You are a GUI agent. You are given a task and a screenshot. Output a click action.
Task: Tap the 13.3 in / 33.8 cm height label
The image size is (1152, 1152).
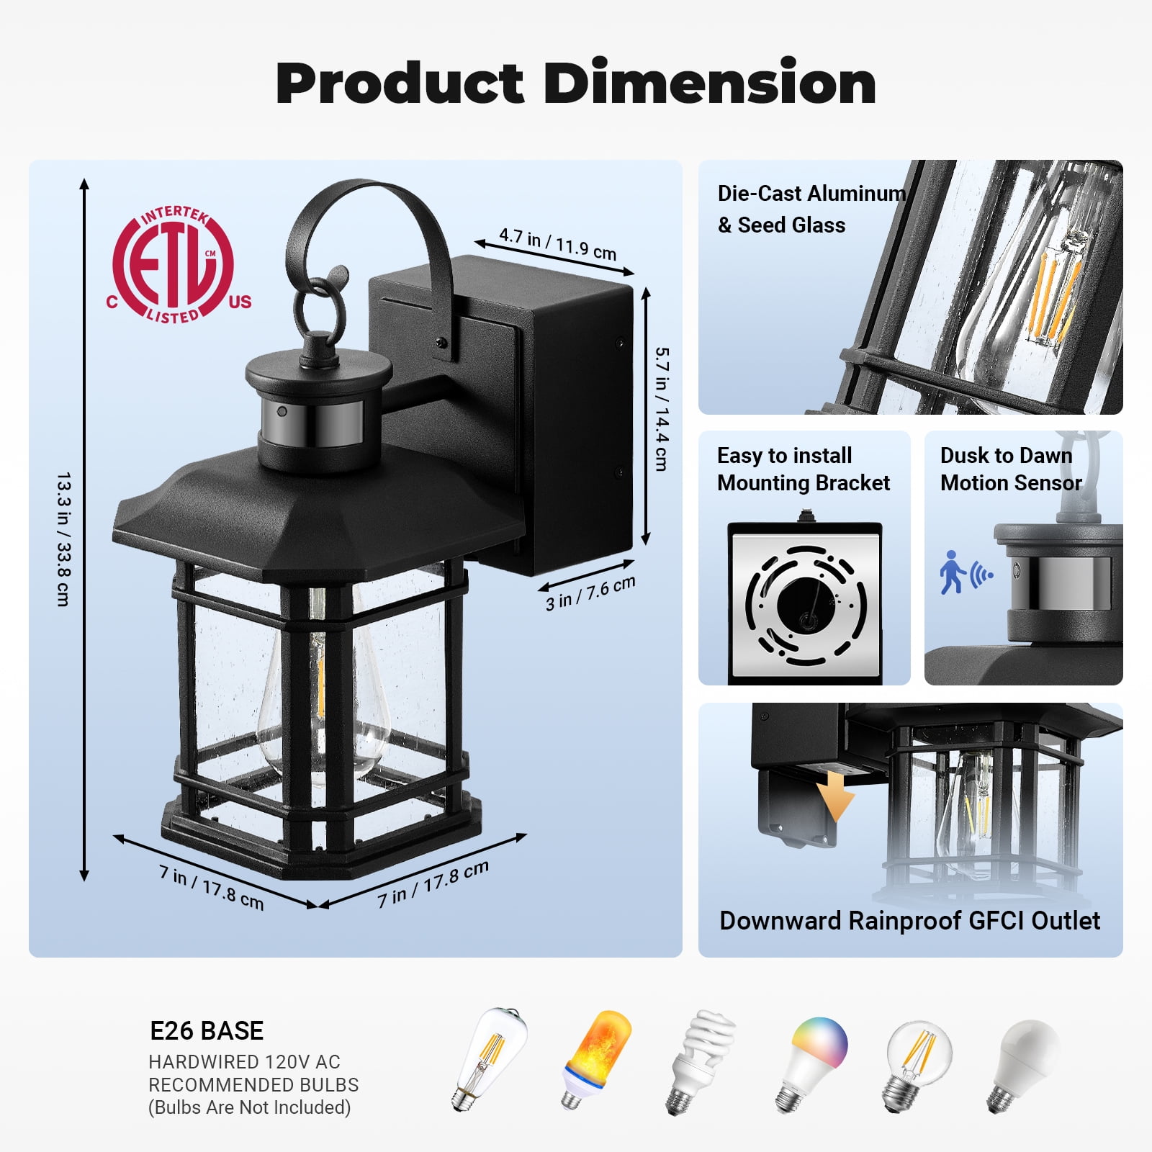point(64,539)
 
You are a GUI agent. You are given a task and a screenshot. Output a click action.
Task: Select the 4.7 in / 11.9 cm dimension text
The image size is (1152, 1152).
point(558,245)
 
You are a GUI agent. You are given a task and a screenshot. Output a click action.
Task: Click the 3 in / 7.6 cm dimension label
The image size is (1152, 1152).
point(590,593)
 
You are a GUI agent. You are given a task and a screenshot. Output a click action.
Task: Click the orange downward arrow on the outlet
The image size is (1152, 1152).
point(836,795)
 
